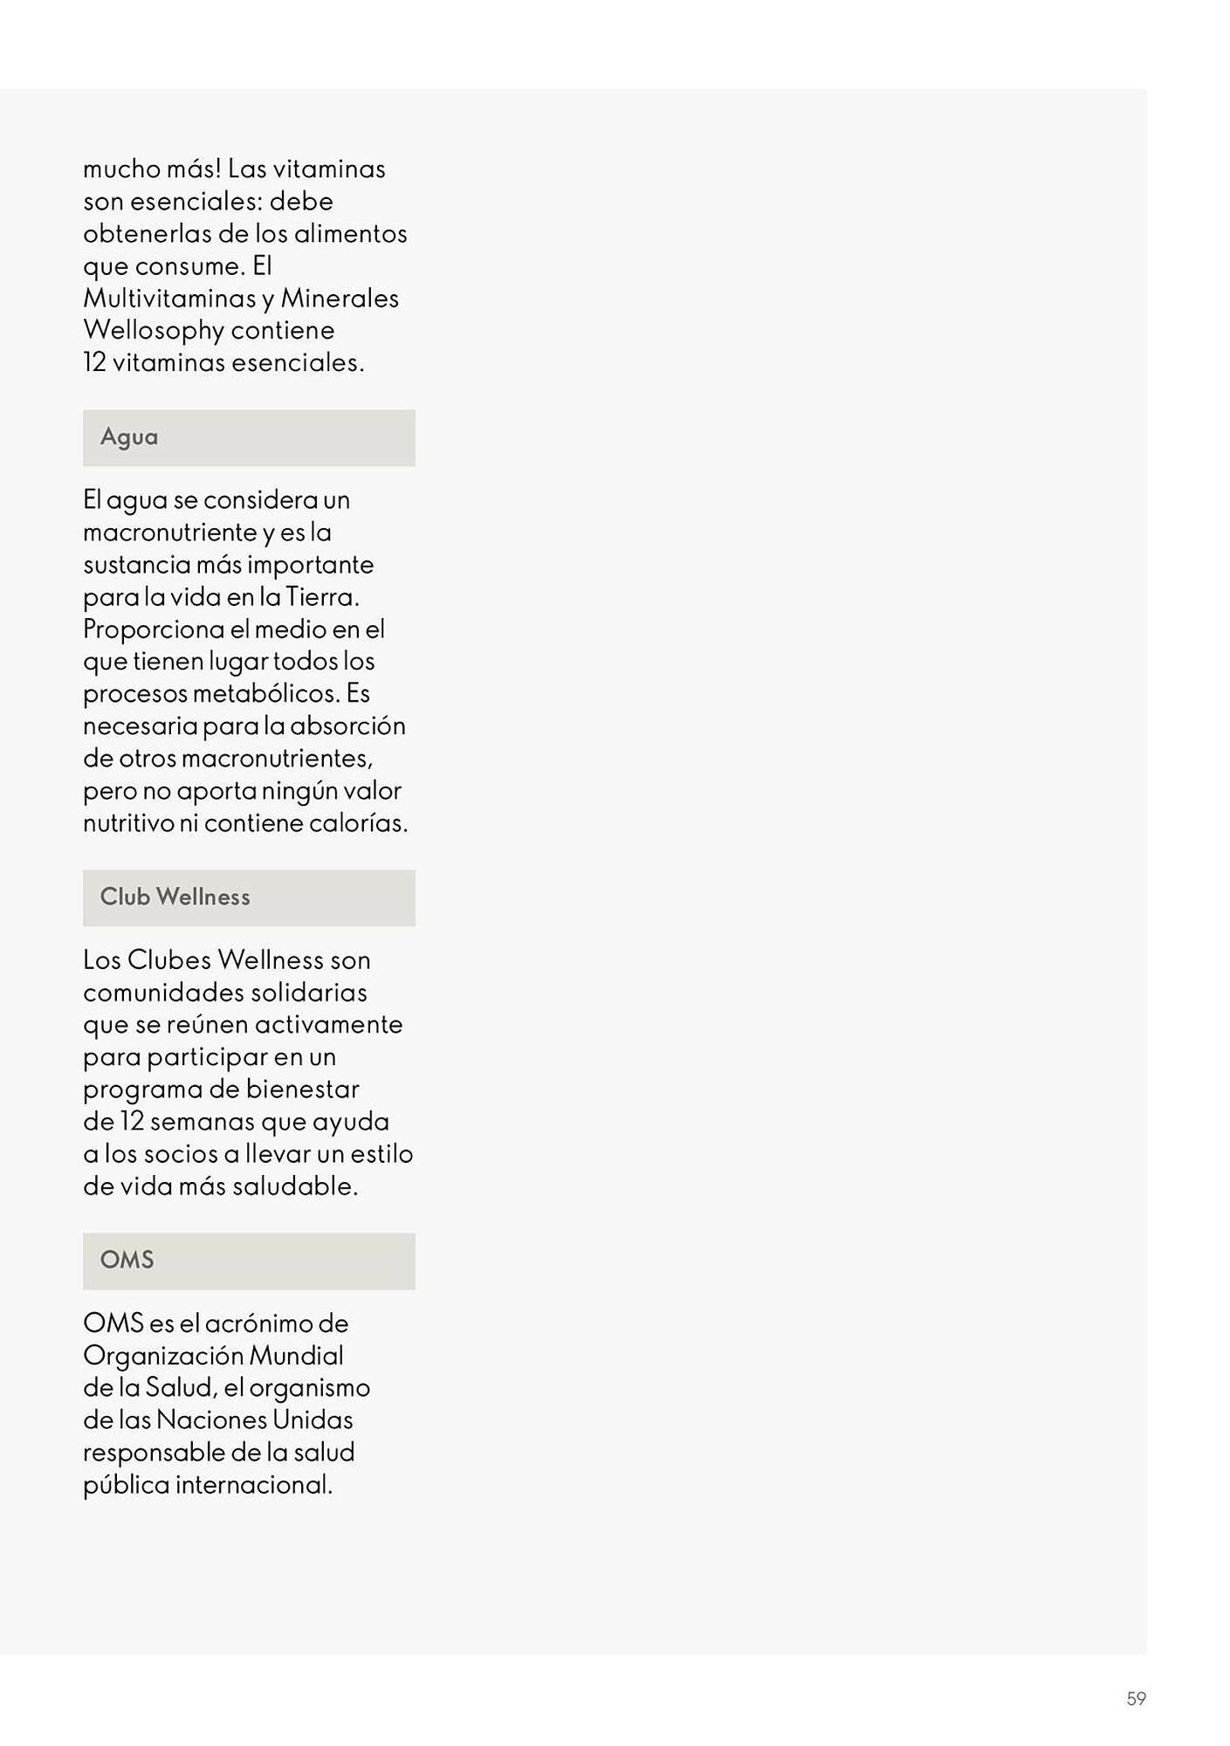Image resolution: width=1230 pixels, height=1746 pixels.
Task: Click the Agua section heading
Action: coord(129,436)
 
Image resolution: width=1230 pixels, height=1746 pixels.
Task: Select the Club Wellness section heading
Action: coord(175,897)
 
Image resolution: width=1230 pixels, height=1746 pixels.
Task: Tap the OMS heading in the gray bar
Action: coord(127,1260)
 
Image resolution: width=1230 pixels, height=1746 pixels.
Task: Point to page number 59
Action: coord(1136,1698)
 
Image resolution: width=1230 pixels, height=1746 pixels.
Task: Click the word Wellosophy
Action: coord(154,331)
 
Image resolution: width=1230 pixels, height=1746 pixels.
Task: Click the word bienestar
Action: coord(302,1090)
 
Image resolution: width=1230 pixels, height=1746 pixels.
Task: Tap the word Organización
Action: coord(163,1356)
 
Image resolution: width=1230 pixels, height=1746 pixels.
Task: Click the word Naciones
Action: coord(210,1420)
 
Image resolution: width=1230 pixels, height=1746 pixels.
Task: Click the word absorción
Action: coord(347,726)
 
